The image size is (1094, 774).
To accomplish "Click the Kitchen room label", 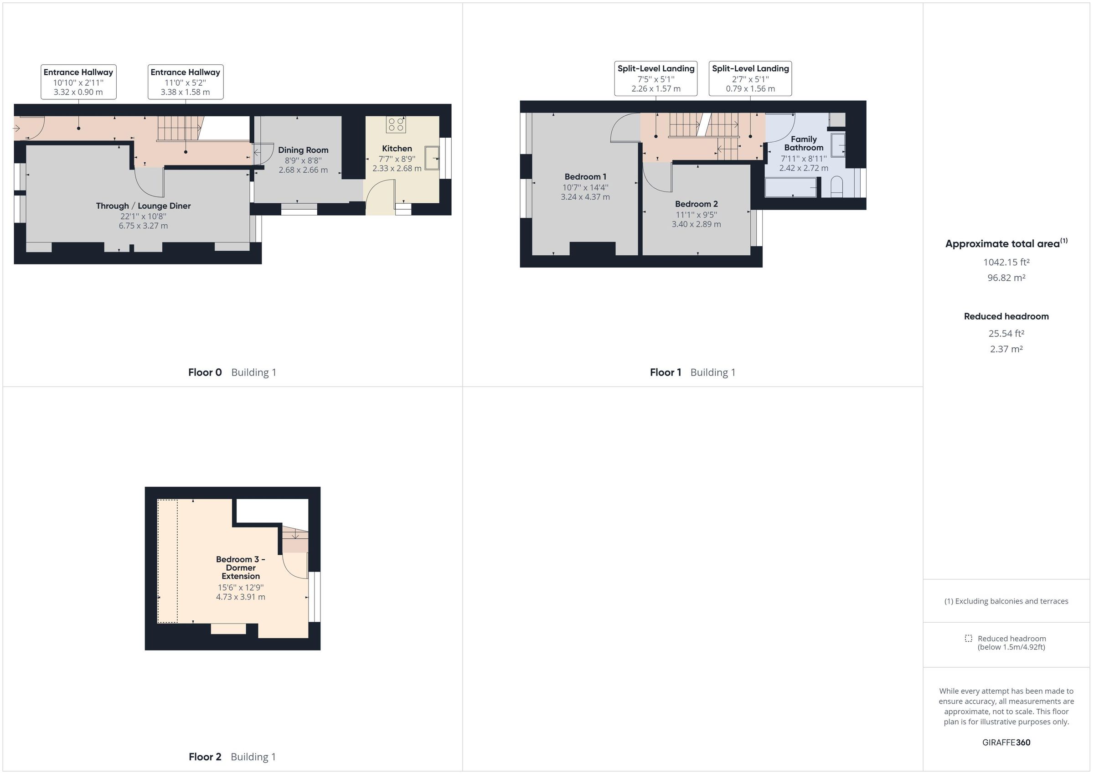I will point(397,149).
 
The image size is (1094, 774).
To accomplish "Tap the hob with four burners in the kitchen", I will point(396,124).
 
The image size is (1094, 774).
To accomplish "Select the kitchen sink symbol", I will point(432,158).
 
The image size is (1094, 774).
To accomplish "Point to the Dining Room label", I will point(303,150).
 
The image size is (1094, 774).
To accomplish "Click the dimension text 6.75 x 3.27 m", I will point(143,226).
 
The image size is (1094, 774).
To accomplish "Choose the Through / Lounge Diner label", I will point(143,206).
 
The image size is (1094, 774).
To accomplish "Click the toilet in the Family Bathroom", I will point(837,187).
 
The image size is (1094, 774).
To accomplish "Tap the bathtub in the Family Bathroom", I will point(790,187).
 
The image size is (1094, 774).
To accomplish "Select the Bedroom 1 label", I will point(585,177).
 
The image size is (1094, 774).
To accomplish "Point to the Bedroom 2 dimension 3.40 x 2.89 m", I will point(696,224).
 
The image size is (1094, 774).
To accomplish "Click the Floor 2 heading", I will point(205,757).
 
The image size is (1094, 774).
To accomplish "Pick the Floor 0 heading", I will point(205,372).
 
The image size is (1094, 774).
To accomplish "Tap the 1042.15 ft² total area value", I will point(1006,262).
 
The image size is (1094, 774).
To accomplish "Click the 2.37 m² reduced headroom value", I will point(1006,349).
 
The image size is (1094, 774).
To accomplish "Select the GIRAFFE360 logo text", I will point(1006,742).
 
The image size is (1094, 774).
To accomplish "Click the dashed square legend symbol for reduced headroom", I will point(968,638).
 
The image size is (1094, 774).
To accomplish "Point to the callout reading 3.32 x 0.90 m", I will point(78,92).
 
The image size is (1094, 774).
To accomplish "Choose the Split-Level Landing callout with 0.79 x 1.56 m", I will point(750,79).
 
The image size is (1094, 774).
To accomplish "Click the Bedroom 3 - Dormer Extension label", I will point(241,568).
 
